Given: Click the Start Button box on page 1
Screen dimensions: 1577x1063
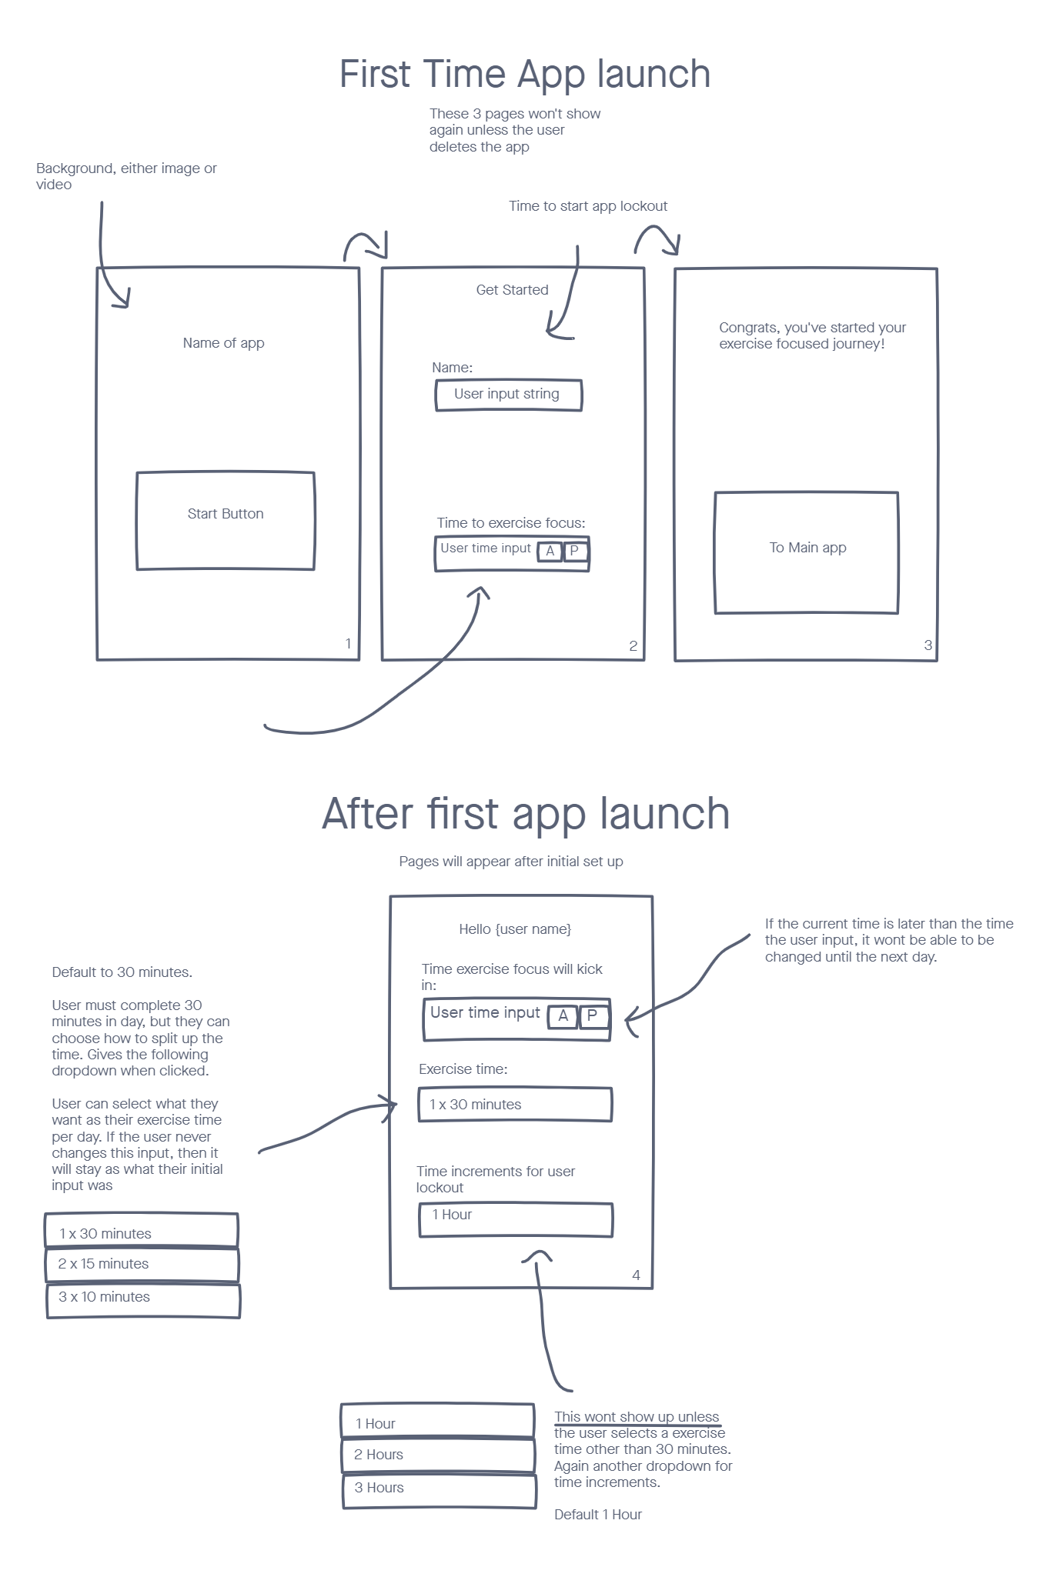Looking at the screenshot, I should pyautogui.click(x=226, y=520).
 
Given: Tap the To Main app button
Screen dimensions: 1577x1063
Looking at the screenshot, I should pyautogui.click(x=807, y=552).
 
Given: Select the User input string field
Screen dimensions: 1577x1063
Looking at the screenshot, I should pyautogui.click(x=508, y=395).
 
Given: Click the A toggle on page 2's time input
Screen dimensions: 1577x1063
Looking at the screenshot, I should pyautogui.click(x=550, y=552).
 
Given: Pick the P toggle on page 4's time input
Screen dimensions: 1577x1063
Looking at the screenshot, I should pyautogui.click(x=592, y=1016).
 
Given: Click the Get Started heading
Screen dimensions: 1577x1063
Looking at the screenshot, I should pyautogui.click(x=512, y=290).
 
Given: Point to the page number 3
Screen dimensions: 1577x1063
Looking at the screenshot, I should pyautogui.click(x=928, y=645).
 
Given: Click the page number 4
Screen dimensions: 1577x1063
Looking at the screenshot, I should pyautogui.click(x=636, y=1275).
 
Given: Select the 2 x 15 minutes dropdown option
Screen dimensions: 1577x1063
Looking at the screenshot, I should pyautogui.click(x=142, y=1265).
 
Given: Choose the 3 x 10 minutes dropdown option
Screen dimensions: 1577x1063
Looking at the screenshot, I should pyautogui.click(x=143, y=1298).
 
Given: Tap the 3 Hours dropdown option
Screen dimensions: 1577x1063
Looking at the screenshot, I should pyautogui.click(x=439, y=1489).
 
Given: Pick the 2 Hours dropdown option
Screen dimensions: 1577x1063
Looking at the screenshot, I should pyautogui.click(x=438, y=1455).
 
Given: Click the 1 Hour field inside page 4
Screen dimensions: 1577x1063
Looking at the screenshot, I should pyautogui.click(x=516, y=1219).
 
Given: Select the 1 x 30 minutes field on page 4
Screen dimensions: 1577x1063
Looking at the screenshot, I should pyautogui.click(x=515, y=1105).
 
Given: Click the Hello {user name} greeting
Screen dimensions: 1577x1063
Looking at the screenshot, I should pyautogui.click(x=515, y=929).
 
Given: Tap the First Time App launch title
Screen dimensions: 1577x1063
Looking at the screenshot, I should pyautogui.click(x=525, y=75).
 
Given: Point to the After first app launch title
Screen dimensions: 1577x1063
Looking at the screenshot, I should pyautogui.click(x=526, y=814).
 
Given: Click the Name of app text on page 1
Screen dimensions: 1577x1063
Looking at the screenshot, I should pyautogui.click(x=223, y=343).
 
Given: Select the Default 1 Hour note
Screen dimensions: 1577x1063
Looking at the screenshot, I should pyautogui.click(x=598, y=1515).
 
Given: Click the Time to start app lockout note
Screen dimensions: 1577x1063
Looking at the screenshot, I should pyautogui.click(x=588, y=206).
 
